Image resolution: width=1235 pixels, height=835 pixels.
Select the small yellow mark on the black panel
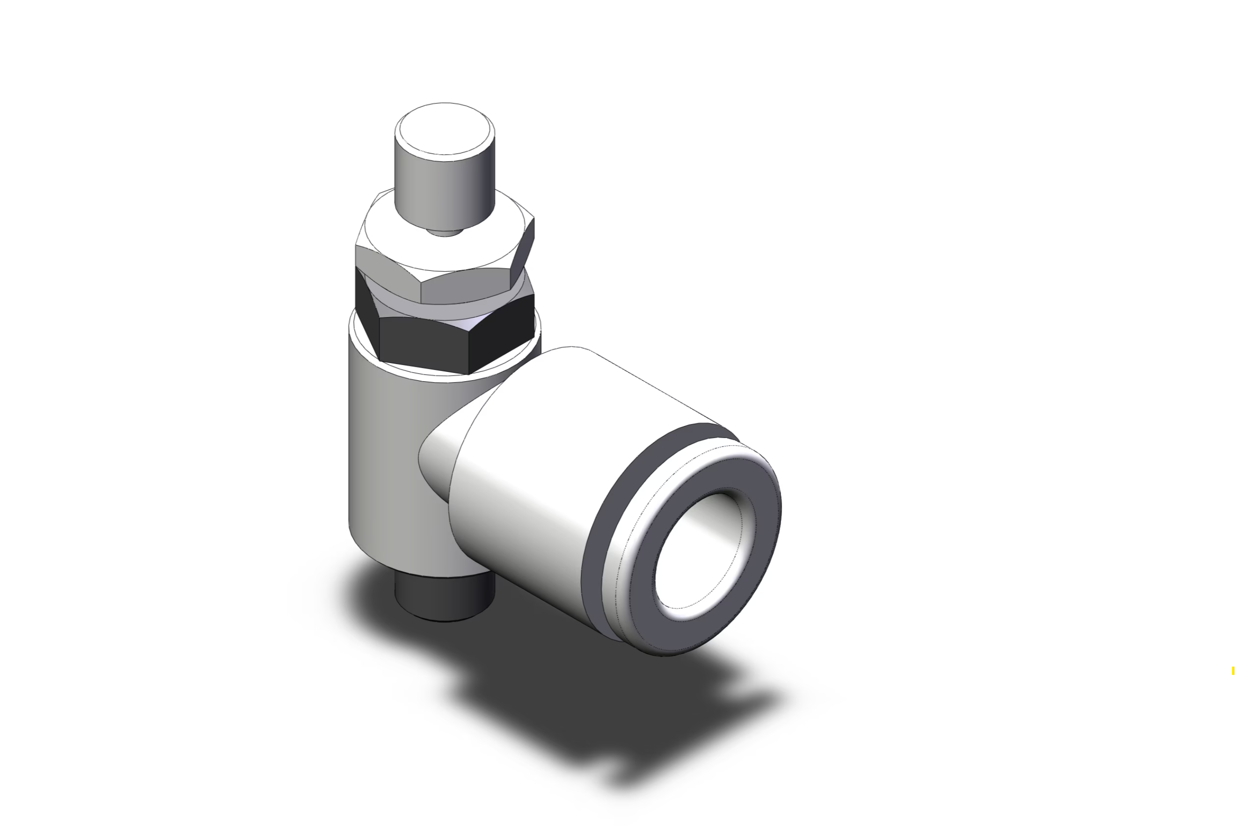click(1232, 671)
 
